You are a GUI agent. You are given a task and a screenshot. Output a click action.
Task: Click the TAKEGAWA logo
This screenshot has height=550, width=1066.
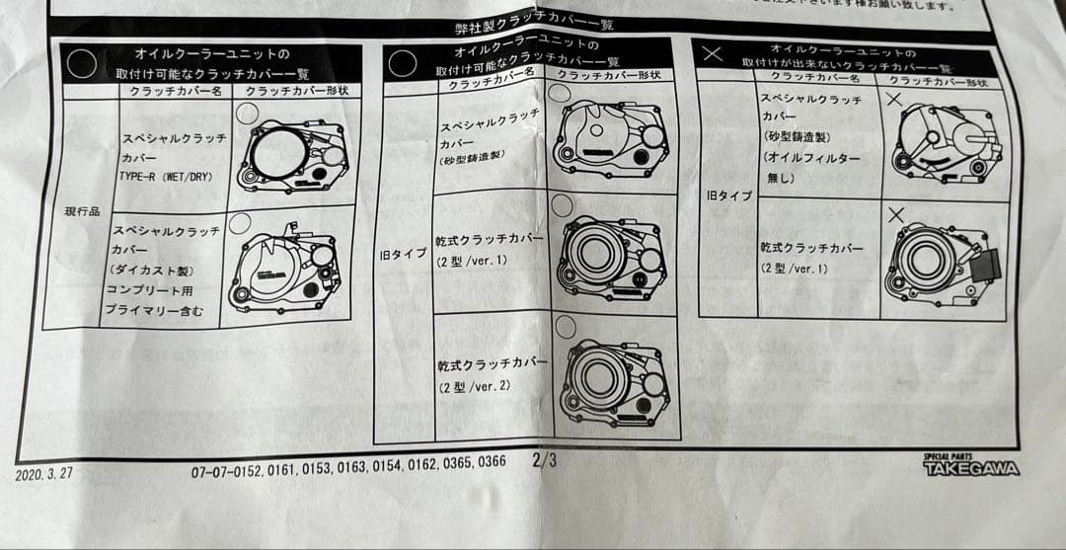click(970, 465)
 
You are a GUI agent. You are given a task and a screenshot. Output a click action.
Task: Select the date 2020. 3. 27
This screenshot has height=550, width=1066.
click(44, 474)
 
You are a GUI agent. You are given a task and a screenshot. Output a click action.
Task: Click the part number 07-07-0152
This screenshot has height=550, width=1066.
click(226, 472)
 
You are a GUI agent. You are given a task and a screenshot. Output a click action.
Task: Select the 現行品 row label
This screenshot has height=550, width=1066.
click(82, 211)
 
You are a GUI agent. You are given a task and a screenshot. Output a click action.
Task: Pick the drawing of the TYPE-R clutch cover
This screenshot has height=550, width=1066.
click(294, 156)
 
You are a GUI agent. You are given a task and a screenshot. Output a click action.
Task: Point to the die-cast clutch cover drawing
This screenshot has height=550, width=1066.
click(286, 269)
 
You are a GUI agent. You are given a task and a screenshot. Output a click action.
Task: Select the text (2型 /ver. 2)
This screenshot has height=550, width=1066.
click(475, 386)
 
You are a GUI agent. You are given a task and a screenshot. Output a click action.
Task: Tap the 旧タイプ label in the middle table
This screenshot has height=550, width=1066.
click(404, 254)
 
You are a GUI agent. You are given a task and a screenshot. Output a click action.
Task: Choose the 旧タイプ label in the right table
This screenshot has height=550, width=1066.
click(728, 196)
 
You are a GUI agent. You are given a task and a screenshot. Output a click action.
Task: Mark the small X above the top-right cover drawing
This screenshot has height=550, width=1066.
click(893, 99)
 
